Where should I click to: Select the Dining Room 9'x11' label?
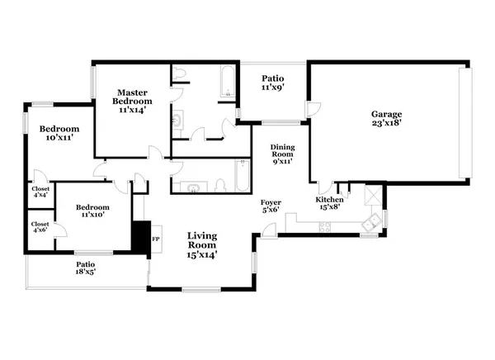(x=283, y=154)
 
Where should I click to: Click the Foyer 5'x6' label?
(x=271, y=206)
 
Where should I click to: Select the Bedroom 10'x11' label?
(x=59, y=134)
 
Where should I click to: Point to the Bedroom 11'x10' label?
(x=92, y=211)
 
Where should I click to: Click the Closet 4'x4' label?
(x=40, y=192)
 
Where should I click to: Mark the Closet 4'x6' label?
(x=39, y=227)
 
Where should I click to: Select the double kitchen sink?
(x=374, y=220)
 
